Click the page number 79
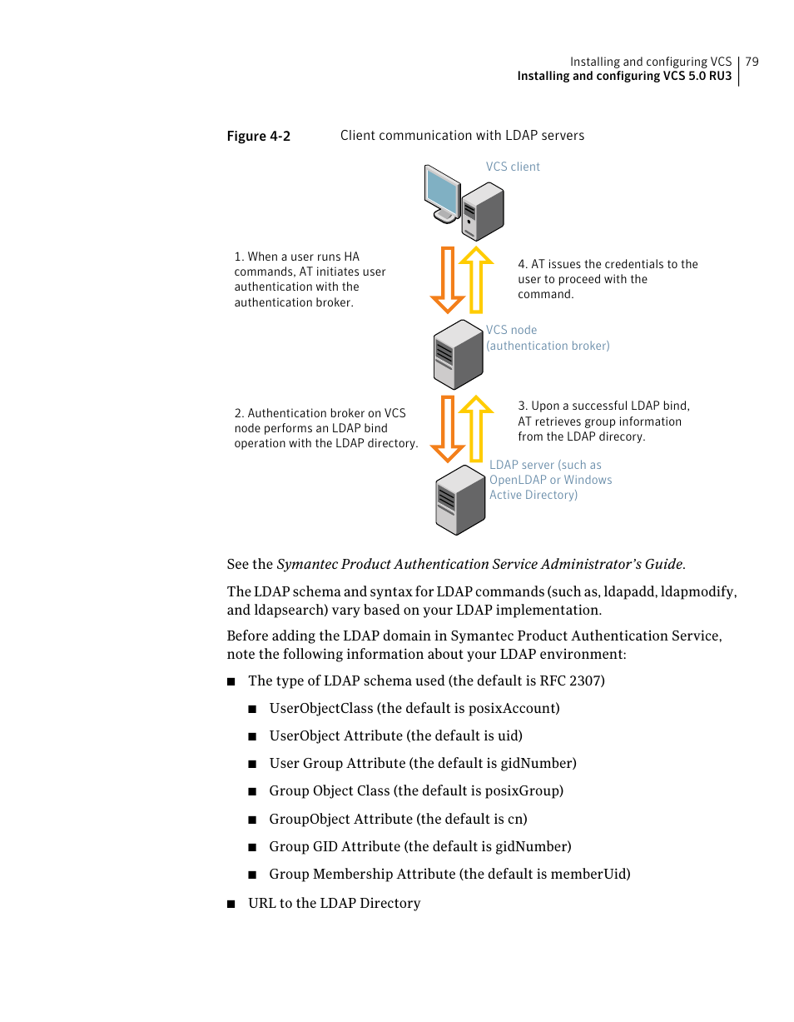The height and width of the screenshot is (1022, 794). (x=752, y=62)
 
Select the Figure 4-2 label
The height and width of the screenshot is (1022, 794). (x=258, y=137)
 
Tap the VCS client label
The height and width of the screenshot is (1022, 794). (x=513, y=167)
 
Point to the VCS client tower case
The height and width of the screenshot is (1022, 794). (x=484, y=211)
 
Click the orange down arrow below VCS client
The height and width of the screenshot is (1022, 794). (x=448, y=279)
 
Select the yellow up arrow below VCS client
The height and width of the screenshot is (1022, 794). (x=476, y=279)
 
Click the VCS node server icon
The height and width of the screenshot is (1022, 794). (x=458, y=354)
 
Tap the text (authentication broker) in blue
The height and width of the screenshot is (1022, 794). (x=548, y=346)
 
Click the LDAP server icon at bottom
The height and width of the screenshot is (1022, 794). (x=459, y=500)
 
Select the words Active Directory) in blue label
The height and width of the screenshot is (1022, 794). (x=533, y=495)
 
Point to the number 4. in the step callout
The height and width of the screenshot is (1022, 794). (x=523, y=264)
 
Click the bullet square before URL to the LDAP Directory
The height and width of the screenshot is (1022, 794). (x=232, y=904)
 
